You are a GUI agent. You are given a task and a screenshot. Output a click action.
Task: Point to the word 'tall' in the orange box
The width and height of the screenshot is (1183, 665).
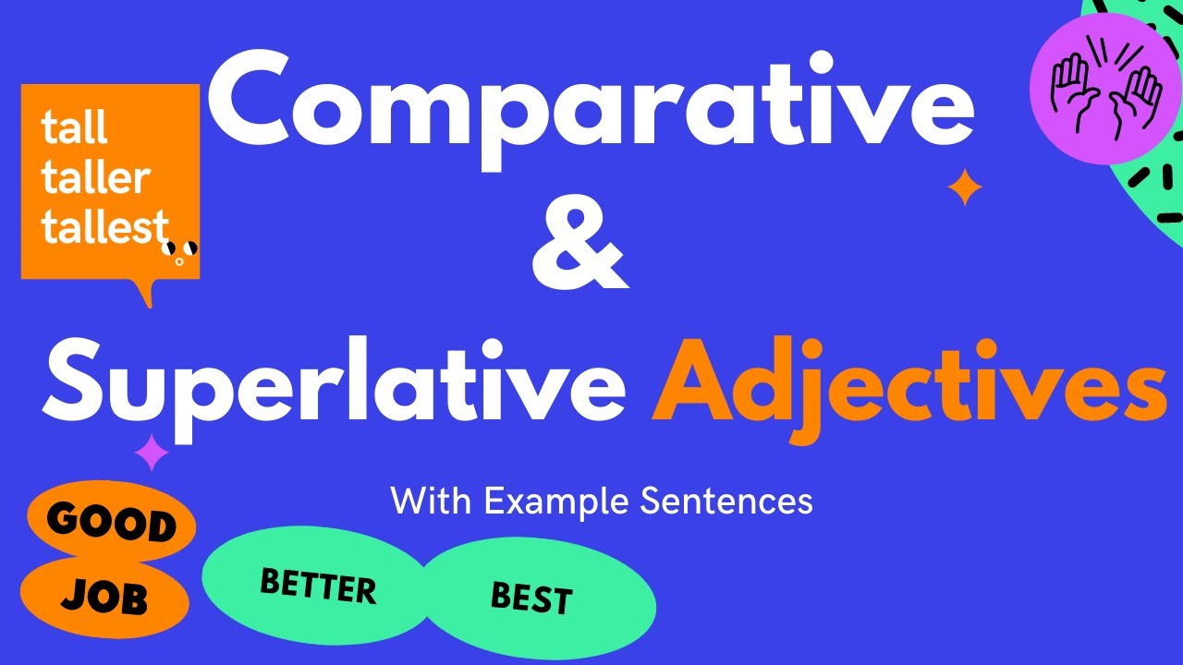[x=74, y=128]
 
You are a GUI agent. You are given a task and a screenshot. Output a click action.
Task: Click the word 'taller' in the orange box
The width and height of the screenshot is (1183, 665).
[x=95, y=178]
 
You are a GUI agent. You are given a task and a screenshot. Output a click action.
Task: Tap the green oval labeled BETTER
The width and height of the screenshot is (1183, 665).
[x=317, y=586]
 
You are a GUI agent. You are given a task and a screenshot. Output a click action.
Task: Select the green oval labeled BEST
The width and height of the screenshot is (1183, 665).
[x=531, y=599]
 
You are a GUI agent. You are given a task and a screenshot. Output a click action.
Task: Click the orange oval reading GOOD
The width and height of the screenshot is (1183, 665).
[x=111, y=524]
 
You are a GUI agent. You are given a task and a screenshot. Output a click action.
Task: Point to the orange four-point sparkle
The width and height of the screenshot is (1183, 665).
[x=965, y=189]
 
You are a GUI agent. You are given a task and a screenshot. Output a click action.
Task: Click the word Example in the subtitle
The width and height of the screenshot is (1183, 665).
[x=556, y=502]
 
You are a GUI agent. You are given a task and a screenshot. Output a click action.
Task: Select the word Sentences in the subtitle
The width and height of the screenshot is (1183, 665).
[x=726, y=502]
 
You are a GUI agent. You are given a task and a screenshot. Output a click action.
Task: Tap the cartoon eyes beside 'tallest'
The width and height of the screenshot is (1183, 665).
[x=179, y=249]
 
